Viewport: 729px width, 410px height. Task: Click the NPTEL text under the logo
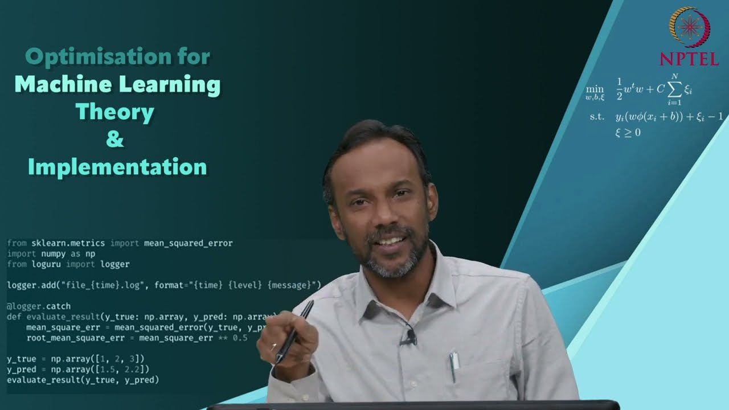pyautogui.click(x=689, y=58)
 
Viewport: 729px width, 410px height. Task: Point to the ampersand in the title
pyautogui.click(x=114, y=140)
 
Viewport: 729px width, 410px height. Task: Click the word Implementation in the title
pyautogui.click(x=117, y=167)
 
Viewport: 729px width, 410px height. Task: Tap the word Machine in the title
pyautogui.click(x=62, y=84)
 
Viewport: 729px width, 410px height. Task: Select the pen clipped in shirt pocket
pyautogui.click(x=453, y=366)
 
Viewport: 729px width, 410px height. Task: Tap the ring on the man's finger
pyautogui.click(x=274, y=346)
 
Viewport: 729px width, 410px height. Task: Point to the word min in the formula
pyautogui.click(x=595, y=89)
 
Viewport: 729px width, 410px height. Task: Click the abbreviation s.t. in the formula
pyautogui.click(x=597, y=117)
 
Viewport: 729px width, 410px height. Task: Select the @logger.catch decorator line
pyautogui.click(x=39, y=306)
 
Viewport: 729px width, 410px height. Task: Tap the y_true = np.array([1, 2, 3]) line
pyautogui.click(x=76, y=359)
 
